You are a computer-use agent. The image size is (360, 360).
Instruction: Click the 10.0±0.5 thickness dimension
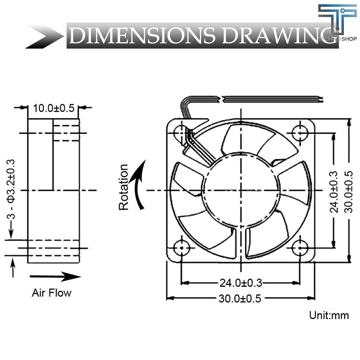click(x=54, y=108)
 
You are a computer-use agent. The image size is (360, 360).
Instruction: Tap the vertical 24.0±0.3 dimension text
click(x=333, y=190)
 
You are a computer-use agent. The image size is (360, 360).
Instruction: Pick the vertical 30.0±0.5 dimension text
click(x=349, y=190)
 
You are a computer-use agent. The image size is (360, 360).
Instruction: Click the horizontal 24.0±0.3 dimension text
click(x=241, y=283)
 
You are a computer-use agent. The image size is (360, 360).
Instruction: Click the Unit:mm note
click(x=328, y=315)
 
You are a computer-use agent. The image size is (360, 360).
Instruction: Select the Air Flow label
click(x=51, y=293)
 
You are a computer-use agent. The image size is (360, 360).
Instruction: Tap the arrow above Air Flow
click(x=55, y=276)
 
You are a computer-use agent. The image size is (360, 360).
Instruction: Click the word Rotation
click(x=124, y=187)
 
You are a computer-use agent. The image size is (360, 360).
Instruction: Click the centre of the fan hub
click(x=240, y=190)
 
